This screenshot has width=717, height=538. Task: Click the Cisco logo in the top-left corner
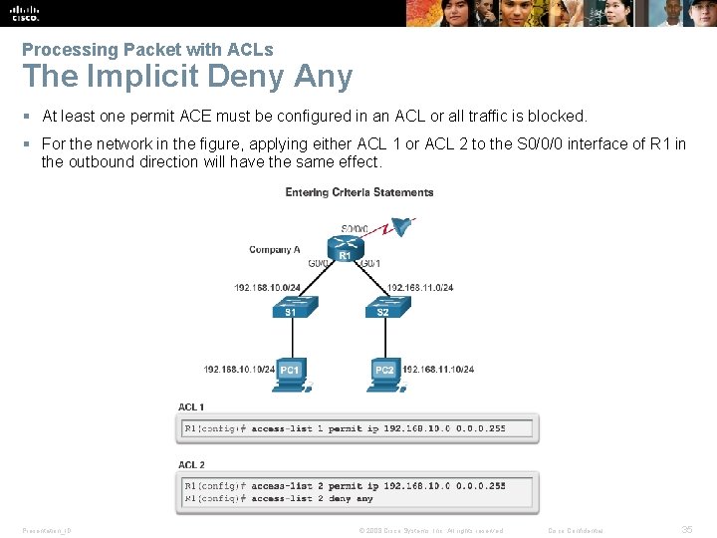[x=24, y=12]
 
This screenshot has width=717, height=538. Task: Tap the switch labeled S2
[x=383, y=305]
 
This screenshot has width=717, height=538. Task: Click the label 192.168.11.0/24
[x=419, y=288]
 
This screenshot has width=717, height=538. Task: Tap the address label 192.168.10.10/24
[x=239, y=370]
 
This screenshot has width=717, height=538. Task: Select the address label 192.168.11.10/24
[x=438, y=370]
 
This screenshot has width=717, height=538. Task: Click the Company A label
[x=275, y=250]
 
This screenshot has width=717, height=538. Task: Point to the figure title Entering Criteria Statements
[x=359, y=192]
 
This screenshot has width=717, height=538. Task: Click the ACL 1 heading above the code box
[x=191, y=406]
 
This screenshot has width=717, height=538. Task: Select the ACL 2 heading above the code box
[x=191, y=464]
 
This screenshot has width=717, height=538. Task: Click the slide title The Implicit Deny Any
[x=187, y=77]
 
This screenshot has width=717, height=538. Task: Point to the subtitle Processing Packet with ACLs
[x=147, y=49]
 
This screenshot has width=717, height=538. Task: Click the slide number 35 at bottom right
[x=686, y=530]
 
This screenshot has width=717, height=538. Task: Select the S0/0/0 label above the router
[x=354, y=229]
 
